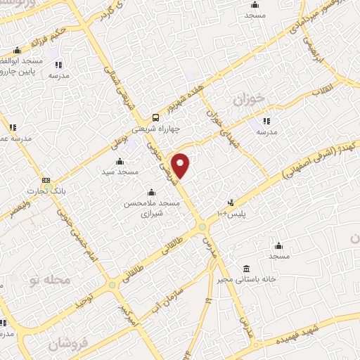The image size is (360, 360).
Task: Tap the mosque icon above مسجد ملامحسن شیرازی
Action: coord(150,192)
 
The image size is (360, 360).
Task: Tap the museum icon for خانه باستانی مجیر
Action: coord(245,269)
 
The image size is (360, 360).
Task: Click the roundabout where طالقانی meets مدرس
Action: coord(202,226)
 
